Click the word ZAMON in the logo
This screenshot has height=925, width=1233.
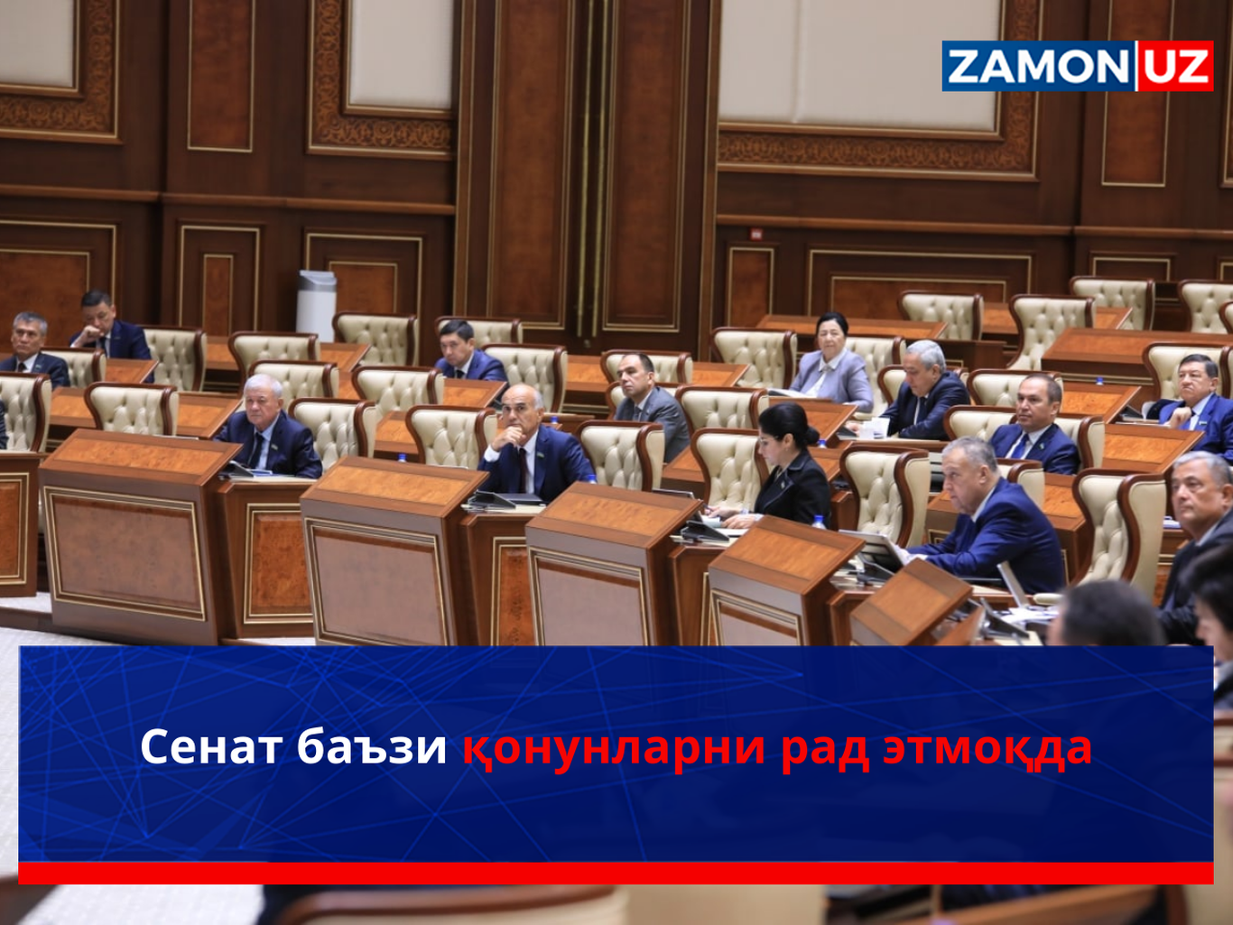pos(1036,67)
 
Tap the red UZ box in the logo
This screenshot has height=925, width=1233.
pos(1175,67)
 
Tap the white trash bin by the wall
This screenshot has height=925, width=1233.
pos(316,303)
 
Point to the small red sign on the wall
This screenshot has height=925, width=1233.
pos(756,235)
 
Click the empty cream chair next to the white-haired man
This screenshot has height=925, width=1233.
pos(334,429)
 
